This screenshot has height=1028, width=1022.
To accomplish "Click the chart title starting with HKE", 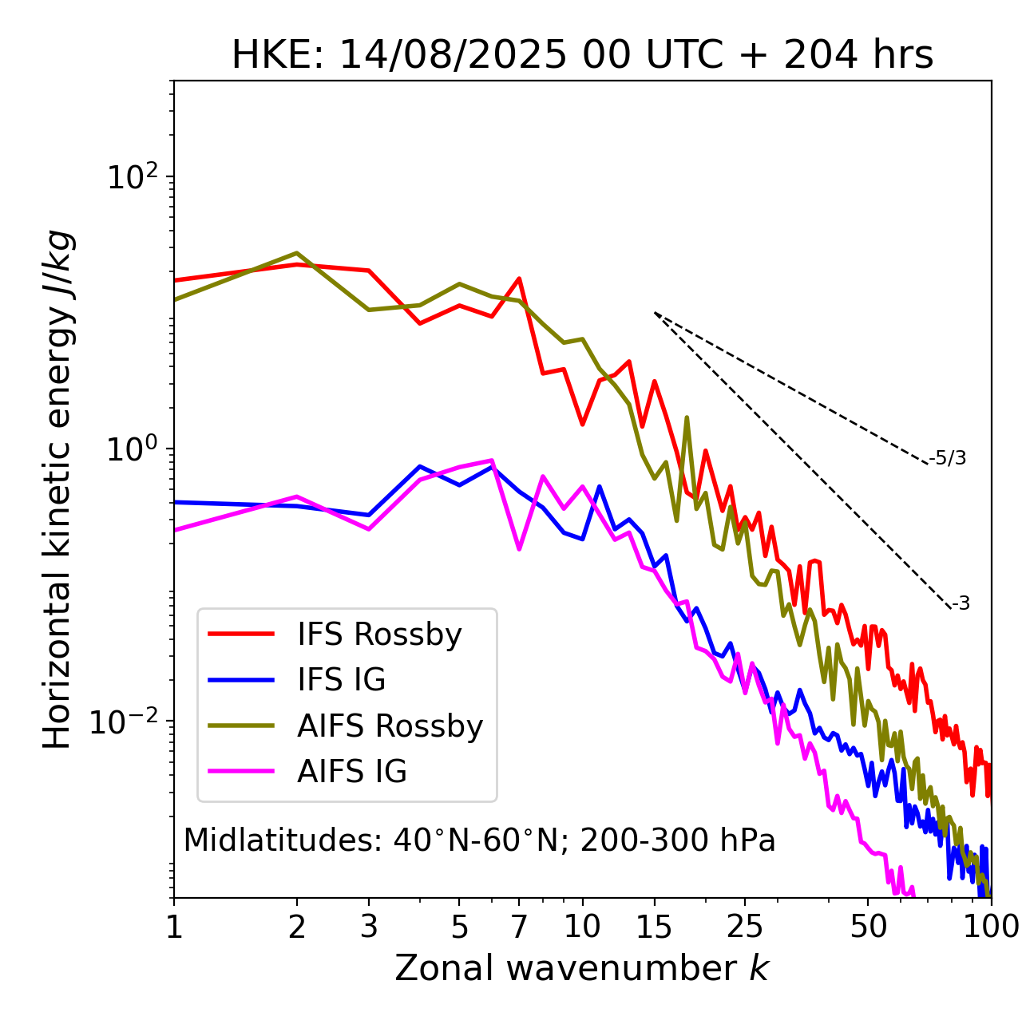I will point(582,56).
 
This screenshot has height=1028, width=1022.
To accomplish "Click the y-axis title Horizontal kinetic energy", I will point(58,489).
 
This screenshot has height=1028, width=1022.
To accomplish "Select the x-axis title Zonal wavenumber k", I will point(581,968).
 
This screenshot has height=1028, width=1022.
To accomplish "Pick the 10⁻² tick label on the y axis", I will point(129,722).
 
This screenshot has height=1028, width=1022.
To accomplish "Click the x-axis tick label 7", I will point(519,927).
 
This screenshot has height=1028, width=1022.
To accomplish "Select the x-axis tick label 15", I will point(654,927).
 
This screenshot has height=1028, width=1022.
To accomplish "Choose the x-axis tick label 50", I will point(868,927).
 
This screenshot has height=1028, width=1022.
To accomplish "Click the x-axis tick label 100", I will point(990,927).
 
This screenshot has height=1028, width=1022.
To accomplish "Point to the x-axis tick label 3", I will point(369,927).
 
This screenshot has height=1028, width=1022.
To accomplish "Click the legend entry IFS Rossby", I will point(379,635).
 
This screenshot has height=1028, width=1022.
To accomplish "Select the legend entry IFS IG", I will point(341,680).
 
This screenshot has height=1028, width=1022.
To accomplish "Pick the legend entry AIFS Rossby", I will point(390,726).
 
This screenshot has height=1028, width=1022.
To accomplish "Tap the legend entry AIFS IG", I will point(352,772).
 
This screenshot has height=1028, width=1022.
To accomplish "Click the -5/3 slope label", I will point(948,458).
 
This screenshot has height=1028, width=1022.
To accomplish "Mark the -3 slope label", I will point(961,604).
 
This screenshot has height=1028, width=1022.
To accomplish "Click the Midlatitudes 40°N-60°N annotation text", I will point(479,840).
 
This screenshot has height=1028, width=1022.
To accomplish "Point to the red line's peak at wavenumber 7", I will point(519,279).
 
